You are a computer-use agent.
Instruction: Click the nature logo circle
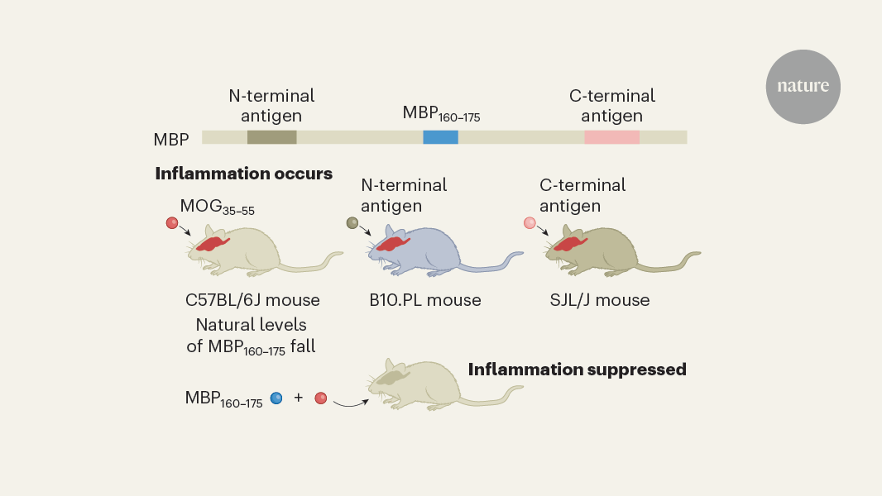803,87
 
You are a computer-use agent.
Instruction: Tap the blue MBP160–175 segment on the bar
440,137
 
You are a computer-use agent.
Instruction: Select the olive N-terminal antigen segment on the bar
271,137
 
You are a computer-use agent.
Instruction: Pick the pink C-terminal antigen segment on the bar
611,137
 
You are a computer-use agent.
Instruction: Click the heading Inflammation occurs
243,174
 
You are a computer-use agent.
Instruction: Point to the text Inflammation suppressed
577,370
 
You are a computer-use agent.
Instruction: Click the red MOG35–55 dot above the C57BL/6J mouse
172,222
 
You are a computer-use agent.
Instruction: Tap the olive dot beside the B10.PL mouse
352,222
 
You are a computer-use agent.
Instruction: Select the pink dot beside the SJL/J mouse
530,222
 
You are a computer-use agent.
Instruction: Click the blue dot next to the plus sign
276,398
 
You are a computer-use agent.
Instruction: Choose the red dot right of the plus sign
321,398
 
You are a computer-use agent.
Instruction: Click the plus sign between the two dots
299,398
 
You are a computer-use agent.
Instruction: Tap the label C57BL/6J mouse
252,300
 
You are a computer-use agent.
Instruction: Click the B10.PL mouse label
425,300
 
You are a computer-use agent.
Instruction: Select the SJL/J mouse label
601,300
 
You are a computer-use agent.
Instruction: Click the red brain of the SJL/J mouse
569,243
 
